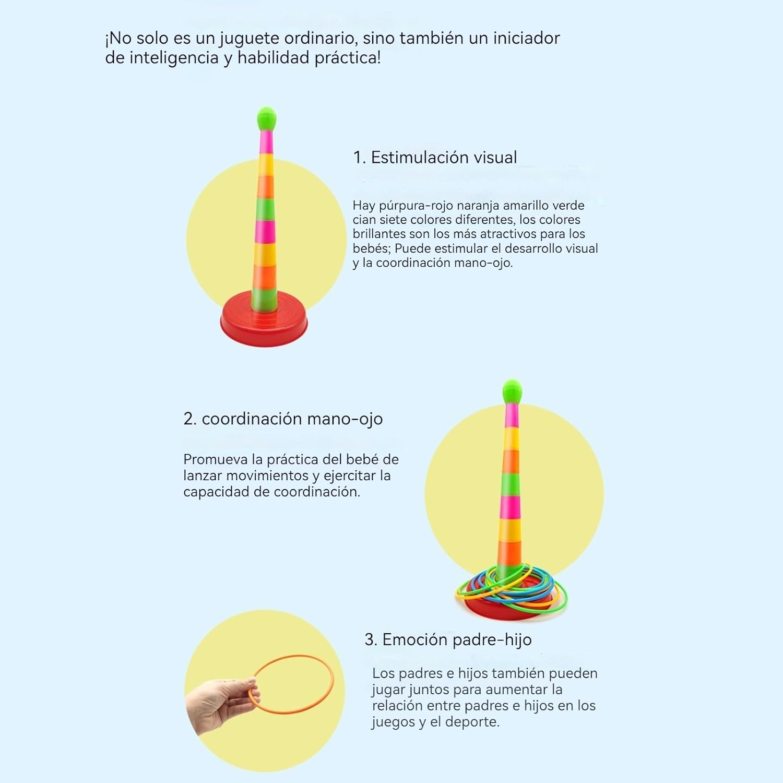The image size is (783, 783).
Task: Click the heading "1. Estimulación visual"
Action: coord(435,157)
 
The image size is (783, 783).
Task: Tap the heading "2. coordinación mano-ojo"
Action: coord(283,419)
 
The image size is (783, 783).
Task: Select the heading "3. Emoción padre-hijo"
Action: coord(448,639)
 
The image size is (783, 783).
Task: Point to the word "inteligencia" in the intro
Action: coord(174,58)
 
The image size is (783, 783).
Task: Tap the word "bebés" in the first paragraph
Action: coord(371,248)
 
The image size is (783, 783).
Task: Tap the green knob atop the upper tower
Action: coord(266,119)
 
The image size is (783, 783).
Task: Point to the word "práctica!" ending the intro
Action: coord(348,58)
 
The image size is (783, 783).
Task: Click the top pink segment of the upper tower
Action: coord(266,142)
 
